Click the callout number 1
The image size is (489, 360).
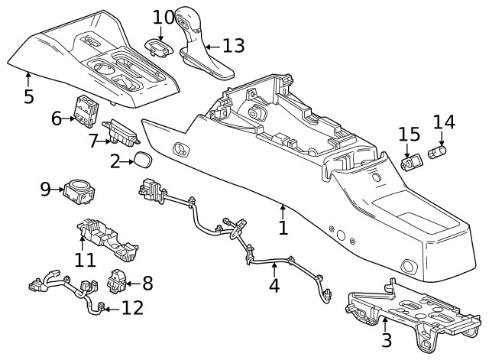tap(283, 227)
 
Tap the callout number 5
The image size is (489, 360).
tap(28, 97)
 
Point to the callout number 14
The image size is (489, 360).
tap(444, 122)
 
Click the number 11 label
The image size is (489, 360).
tap(85, 259)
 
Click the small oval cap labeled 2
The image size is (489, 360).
tap(142, 161)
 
